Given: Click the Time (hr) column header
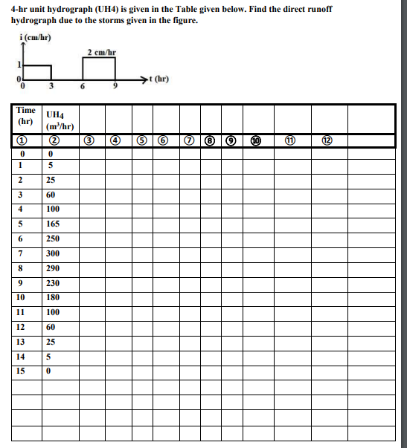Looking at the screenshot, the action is pyautogui.click(x=26, y=115).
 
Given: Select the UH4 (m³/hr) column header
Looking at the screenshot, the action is pyautogui.click(x=58, y=120).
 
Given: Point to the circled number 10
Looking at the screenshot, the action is pyautogui.click(x=257, y=139).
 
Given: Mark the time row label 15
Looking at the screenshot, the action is pyautogui.click(x=22, y=369).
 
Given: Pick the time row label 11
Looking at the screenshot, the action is pyautogui.click(x=22, y=311).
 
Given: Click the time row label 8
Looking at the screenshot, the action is pyautogui.click(x=22, y=267).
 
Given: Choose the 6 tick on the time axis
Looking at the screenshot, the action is pyautogui.click(x=83, y=87).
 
